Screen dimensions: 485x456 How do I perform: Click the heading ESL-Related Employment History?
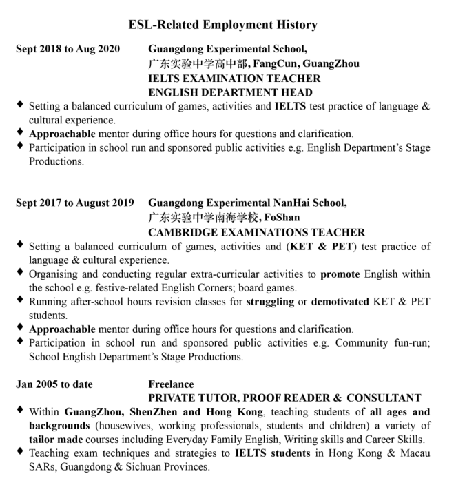pos(223,25)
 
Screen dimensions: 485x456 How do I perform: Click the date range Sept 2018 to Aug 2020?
pos(68,48)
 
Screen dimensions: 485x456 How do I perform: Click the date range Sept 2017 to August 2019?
pos(74,203)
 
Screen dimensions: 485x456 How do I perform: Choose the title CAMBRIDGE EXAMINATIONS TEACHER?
pos(256,232)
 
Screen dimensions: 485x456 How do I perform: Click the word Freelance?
pos(171,384)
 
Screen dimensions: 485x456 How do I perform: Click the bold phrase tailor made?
pos(56,440)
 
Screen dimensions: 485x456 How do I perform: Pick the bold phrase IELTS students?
pos(274,453)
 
